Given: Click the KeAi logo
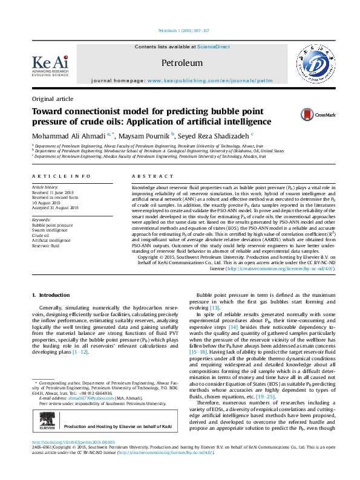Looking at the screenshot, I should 51,63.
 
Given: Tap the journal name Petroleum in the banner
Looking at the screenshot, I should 182,62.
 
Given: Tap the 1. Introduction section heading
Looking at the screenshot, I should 51,294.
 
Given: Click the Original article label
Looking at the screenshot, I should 53,99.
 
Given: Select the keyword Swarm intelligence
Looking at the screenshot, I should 50,230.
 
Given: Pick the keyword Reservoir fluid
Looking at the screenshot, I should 45,246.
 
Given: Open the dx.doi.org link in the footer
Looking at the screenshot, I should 67,459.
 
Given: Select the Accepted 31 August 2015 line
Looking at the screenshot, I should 55,207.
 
